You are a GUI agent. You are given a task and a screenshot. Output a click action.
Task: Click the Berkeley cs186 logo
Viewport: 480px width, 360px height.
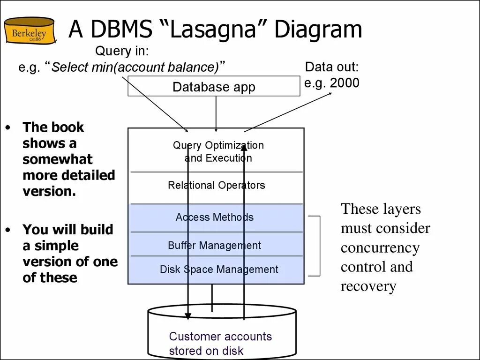[x=29, y=30]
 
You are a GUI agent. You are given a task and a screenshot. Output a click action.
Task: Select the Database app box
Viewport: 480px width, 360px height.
[x=214, y=87]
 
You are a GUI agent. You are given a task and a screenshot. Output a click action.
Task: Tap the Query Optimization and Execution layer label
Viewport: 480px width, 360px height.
[x=218, y=151]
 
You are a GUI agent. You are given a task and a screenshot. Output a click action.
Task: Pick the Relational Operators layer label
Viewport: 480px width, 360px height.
[x=216, y=185]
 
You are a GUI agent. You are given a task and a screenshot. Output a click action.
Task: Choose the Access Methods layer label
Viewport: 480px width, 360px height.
[x=214, y=217]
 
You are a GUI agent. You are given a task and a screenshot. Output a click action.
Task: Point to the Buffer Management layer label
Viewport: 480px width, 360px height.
[x=214, y=245]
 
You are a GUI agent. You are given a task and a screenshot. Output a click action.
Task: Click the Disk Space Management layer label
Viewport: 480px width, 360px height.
[x=218, y=270]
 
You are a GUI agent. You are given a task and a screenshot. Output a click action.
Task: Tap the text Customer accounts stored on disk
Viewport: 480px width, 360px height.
[x=220, y=343]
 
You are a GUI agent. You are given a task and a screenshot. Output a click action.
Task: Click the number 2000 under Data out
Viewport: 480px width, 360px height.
[x=345, y=83]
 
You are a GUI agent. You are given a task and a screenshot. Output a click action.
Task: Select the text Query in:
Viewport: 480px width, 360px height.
[x=122, y=51]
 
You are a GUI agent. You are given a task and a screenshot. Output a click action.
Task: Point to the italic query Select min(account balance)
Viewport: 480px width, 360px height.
[x=135, y=67]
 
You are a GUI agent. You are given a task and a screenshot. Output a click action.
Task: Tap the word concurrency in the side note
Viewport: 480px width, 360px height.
[x=380, y=247]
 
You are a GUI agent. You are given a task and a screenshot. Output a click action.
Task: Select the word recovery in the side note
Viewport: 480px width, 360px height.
[x=368, y=286]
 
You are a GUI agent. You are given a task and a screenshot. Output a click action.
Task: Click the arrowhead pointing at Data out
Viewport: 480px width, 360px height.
[x=330, y=93]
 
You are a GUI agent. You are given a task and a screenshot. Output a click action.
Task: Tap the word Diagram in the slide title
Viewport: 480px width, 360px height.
[x=318, y=30]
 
